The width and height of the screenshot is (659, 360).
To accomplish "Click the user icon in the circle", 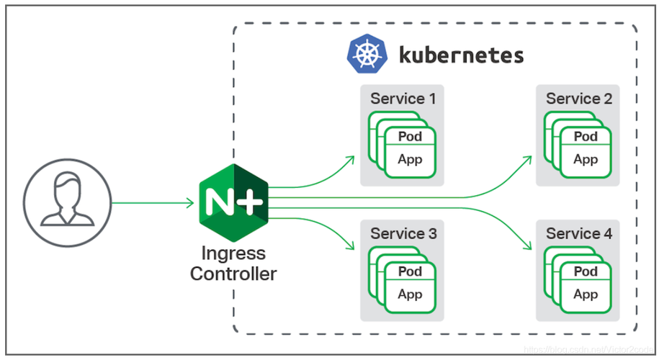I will tap(67, 199).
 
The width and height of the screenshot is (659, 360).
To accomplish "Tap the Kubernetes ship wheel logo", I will tap(367, 55).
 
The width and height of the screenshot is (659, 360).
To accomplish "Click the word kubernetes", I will tap(461, 55).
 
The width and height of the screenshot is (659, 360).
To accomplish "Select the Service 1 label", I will tap(403, 99).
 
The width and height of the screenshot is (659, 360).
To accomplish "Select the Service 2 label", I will tap(578, 99).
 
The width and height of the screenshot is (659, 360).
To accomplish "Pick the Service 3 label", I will tap(403, 233).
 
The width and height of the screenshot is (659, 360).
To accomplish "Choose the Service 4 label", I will tap(578, 233).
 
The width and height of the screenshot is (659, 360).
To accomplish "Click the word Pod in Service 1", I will tap(410, 136).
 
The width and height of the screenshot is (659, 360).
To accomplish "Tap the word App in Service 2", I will tap(586, 159).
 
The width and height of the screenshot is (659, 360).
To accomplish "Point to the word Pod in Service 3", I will tap(410, 271).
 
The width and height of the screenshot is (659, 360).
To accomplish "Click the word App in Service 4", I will tap(586, 294).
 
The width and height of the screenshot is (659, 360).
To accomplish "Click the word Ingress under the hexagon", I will tap(233, 253).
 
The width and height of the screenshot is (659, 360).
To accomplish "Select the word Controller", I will tap(233, 274).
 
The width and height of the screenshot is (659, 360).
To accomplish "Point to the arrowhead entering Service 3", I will tap(351, 247).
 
